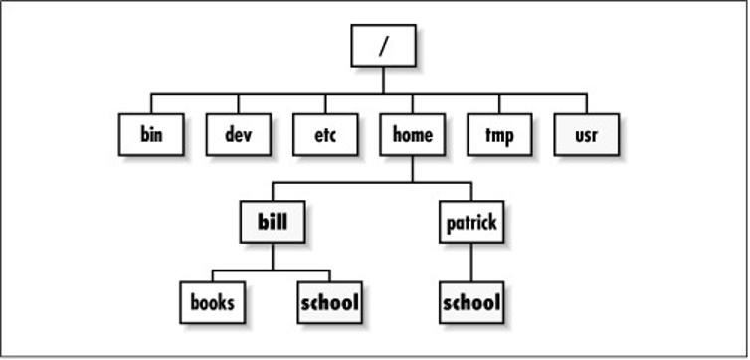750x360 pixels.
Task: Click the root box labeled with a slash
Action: pos(383,46)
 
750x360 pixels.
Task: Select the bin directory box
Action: pos(151,135)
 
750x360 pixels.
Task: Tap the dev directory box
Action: pos(238,135)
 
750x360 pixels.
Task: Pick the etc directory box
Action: pos(325,135)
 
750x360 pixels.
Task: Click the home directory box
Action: pos(412,135)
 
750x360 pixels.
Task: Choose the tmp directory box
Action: pos(499,135)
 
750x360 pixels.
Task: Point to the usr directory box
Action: pos(586,135)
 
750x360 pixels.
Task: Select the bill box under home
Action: pos(273,222)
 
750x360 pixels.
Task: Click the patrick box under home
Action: pos(470,222)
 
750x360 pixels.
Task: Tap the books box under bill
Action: pos(213,301)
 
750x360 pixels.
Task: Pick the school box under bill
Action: pos(329,301)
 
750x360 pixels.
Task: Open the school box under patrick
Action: pos(470,301)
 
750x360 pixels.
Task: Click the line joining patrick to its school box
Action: pos(470,262)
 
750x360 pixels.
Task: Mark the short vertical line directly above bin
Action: pos(151,104)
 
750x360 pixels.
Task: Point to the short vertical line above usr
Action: pos(586,104)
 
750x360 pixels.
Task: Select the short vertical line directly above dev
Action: pos(238,104)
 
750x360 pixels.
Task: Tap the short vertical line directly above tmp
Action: pos(499,104)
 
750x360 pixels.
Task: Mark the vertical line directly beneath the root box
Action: pos(383,81)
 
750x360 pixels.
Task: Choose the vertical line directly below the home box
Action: pos(412,169)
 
